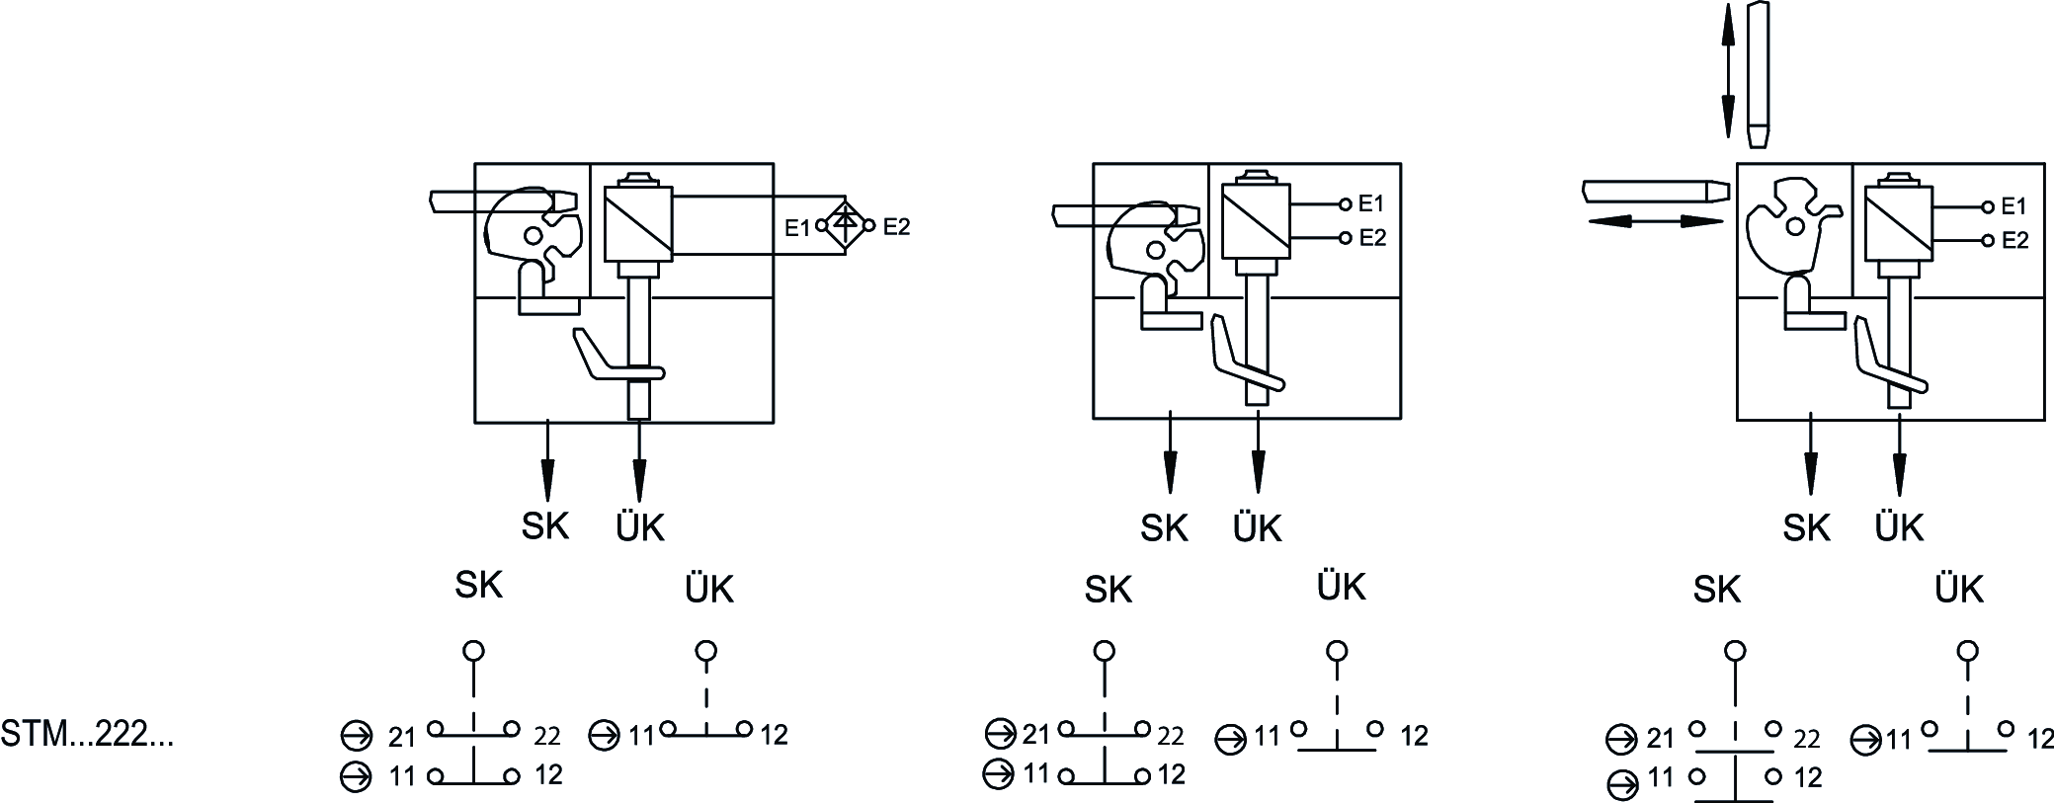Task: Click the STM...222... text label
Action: [x=87, y=734]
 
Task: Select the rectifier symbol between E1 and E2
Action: [x=844, y=225]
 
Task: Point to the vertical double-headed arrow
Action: [x=1727, y=69]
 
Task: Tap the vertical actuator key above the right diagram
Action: [x=1758, y=74]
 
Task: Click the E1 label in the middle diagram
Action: [x=1371, y=203]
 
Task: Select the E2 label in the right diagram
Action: [x=2014, y=240]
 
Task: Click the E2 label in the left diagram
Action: [x=896, y=226]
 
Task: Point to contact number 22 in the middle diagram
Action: [x=1171, y=736]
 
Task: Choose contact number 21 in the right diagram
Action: [x=1660, y=738]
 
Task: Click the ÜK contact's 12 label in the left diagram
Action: [x=775, y=735]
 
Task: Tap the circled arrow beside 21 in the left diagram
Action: [x=352, y=736]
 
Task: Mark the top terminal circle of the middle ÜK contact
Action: [x=1337, y=651]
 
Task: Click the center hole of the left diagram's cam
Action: [x=534, y=235]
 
